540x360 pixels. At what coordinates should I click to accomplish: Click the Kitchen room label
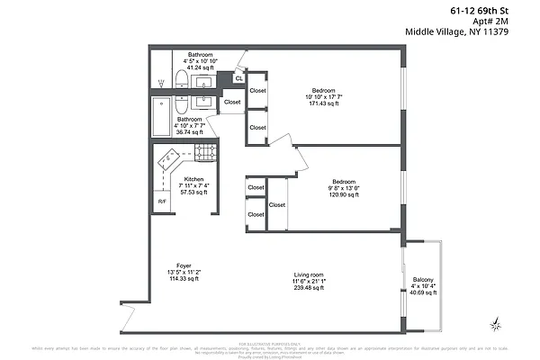(x=193, y=179)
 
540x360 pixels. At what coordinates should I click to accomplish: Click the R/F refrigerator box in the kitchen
(x=162, y=201)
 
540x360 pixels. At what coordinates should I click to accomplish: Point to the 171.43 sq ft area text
(x=324, y=104)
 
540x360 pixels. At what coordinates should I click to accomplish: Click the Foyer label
(x=184, y=266)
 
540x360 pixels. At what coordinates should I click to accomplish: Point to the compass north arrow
(x=494, y=322)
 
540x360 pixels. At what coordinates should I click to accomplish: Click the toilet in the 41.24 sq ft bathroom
(x=179, y=82)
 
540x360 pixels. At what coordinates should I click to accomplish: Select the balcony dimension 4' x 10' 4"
(x=423, y=285)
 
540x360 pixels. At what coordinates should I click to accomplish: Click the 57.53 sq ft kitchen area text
(x=193, y=193)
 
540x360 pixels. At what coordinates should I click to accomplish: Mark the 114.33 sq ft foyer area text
(x=184, y=280)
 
